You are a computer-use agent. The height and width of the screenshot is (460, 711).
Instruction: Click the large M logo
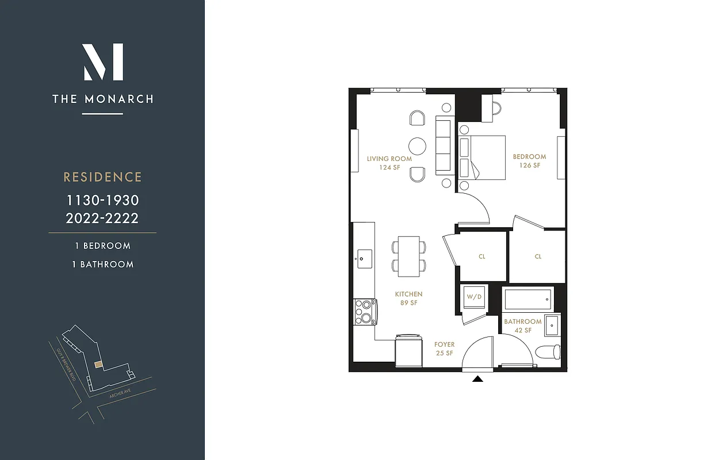click(103, 62)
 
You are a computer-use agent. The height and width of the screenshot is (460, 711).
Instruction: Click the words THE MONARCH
click(103, 99)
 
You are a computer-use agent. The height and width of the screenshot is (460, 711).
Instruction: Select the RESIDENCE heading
click(102, 177)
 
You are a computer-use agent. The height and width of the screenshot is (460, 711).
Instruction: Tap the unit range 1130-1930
click(102, 201)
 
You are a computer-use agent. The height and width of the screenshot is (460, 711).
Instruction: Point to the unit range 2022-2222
click(102, 218)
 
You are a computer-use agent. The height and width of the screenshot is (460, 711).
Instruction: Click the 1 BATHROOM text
click(103, 264)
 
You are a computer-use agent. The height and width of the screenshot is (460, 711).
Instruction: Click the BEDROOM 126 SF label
click(529, 160)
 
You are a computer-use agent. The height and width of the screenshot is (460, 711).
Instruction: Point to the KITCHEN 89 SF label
click(408, 298)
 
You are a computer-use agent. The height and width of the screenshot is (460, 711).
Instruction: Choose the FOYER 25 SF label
click(444, 348)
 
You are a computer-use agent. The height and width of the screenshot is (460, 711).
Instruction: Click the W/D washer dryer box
click(474, 297)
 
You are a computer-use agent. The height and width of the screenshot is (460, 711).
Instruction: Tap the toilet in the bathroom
click(547, 351)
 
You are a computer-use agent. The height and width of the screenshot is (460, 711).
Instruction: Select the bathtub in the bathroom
click(528, 299)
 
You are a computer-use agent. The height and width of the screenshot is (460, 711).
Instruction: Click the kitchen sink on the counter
click(364, 258)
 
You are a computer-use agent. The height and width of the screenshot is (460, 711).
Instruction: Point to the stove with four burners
click(364, 312)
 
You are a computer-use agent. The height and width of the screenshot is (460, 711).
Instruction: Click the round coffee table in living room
click(418, 145)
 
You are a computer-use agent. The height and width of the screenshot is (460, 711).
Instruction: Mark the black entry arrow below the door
click(478, 378)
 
